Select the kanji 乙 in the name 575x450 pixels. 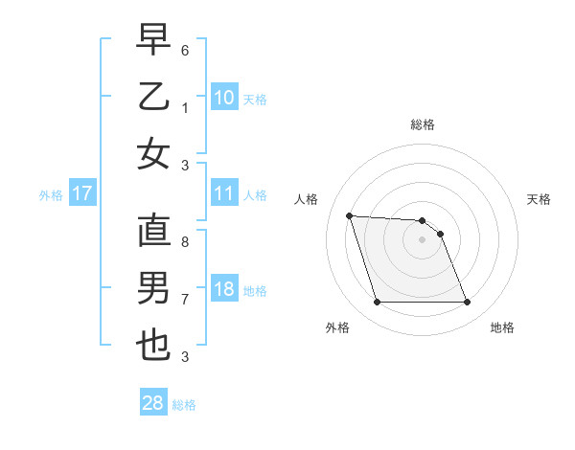coord(153,98)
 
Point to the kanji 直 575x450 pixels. coord(153,231)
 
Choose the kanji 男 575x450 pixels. coord(153,288)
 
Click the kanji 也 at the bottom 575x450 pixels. coord(153,346)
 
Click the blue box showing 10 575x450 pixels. coord(224,97)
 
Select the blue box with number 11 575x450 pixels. coord(224,193)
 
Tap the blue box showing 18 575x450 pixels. coord(224,290)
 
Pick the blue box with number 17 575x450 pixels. coord(82,193)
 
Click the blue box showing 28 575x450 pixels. coord(153,403)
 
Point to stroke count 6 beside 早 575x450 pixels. coord(185,49)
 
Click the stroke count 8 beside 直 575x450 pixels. coord(185,242)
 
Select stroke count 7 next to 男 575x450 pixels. coord(185,300)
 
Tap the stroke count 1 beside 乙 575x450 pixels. coord(185,106)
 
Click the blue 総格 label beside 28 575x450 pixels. coord(184,405)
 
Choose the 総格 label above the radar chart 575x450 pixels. coord(423,124)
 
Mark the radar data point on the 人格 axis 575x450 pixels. coord(350,215)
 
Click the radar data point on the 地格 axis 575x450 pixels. coord(467,303)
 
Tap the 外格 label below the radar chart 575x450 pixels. coord(337,327)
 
